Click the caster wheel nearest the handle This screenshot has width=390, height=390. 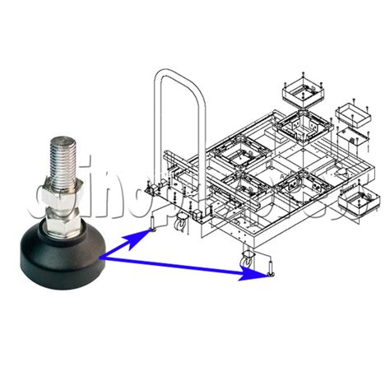tap(180, 221)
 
